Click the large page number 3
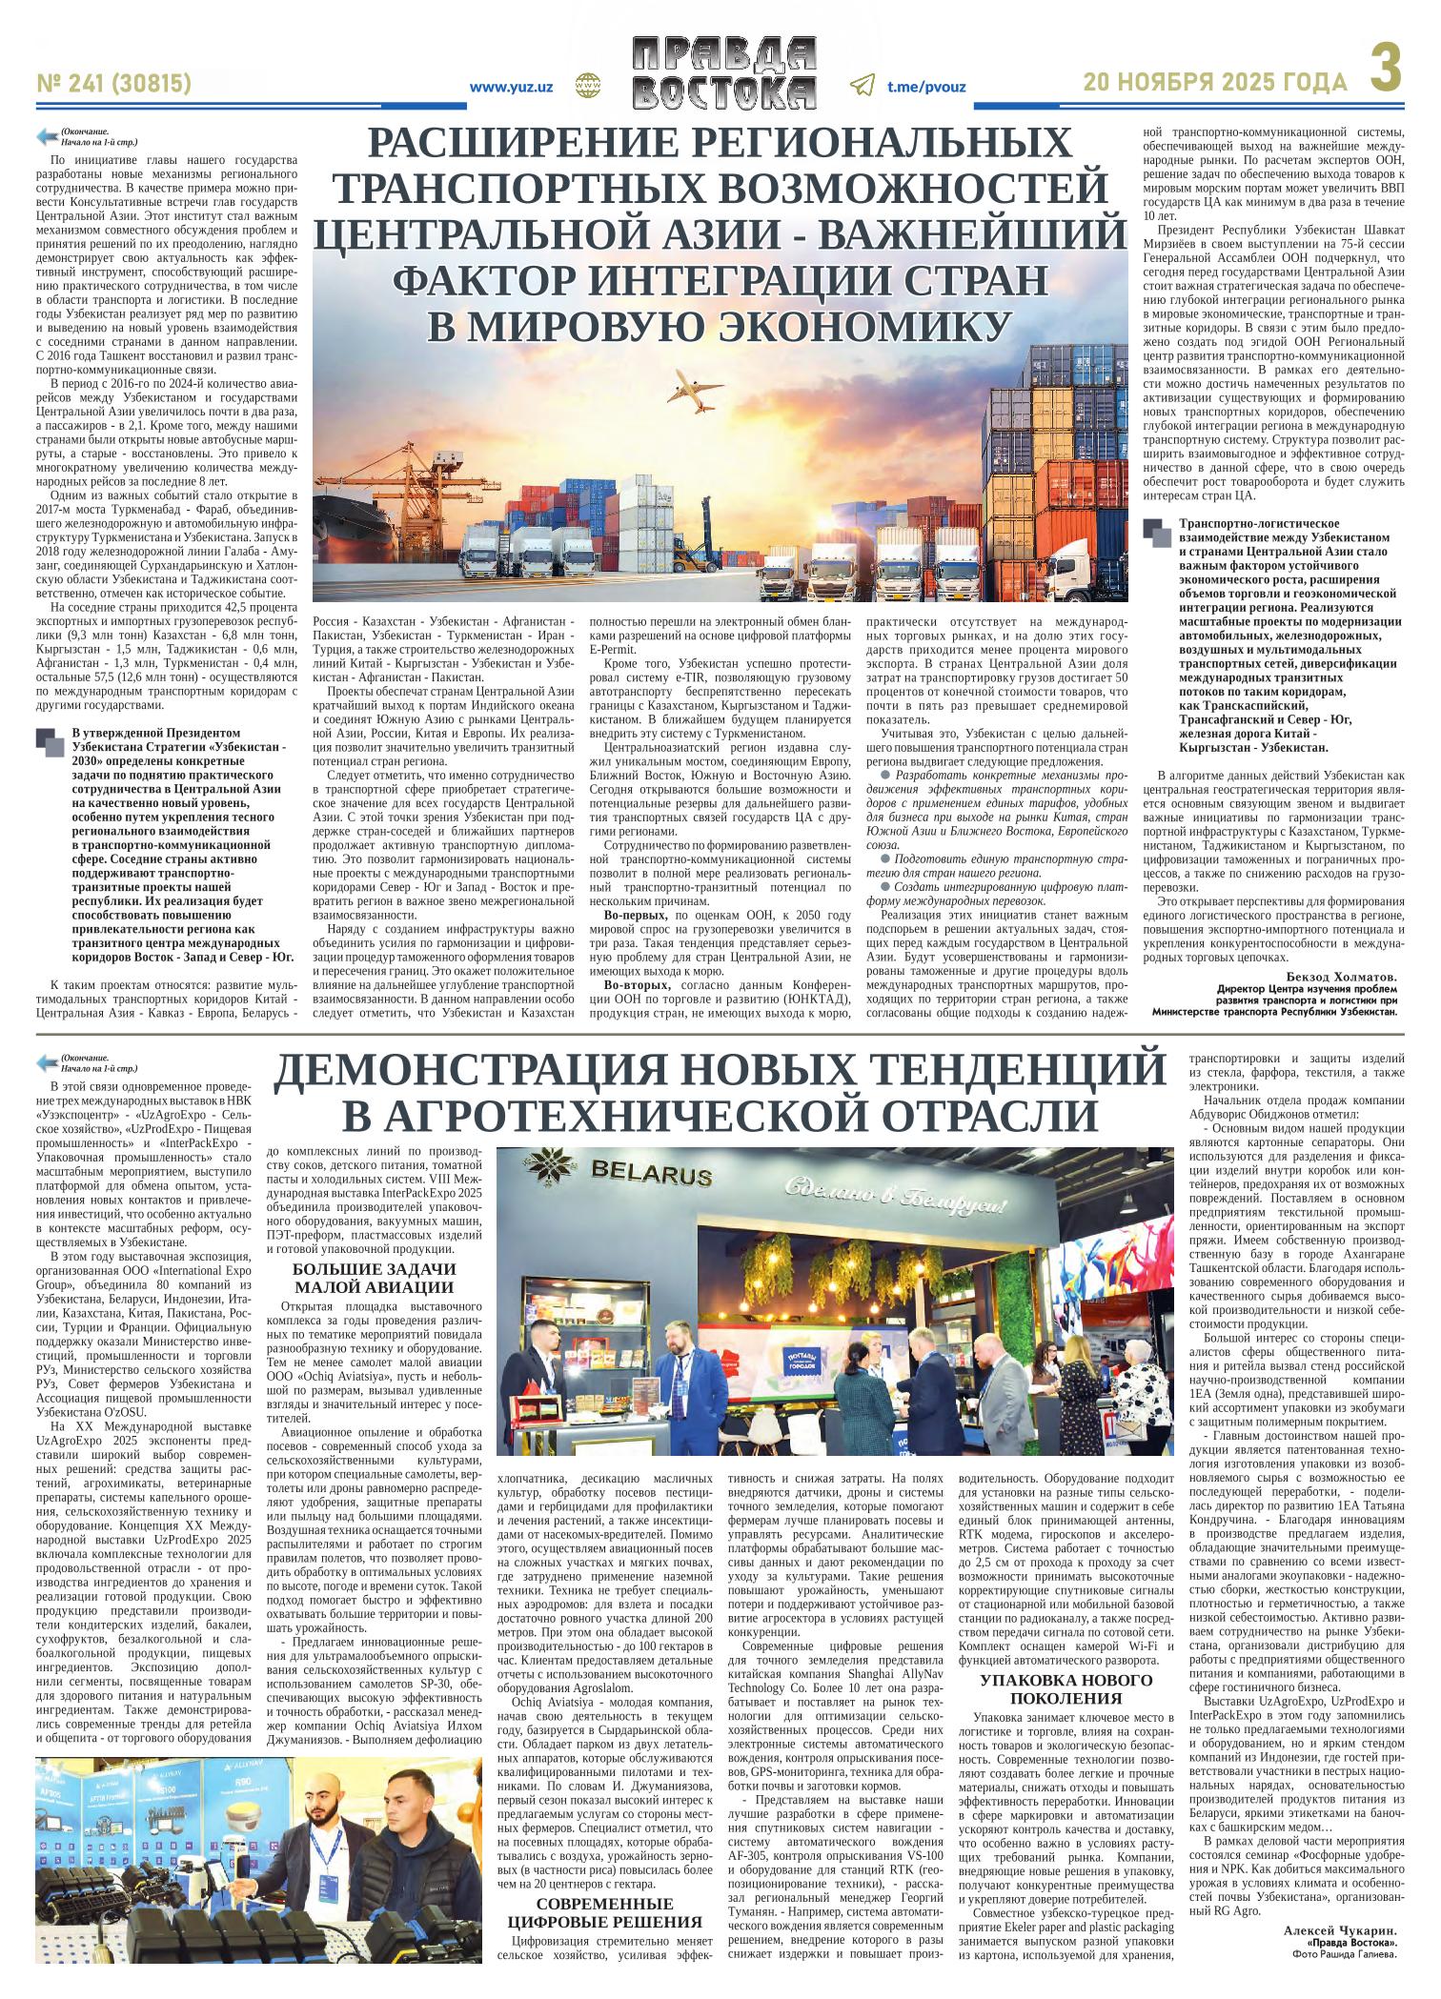pyautogui.click(x=1388, y=73)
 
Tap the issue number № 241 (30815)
pyautogui.click(x=114, y=84)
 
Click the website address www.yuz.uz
pyautogui.click(x=512, y=87)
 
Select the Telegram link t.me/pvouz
pyautogui.click(x=926, y=87)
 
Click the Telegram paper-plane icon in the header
pyautogui.click(x=862, y=86)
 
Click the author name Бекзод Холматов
pyautogui.click(x=1341, y=977)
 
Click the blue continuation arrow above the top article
pyautogui.click(x=46, y=135)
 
